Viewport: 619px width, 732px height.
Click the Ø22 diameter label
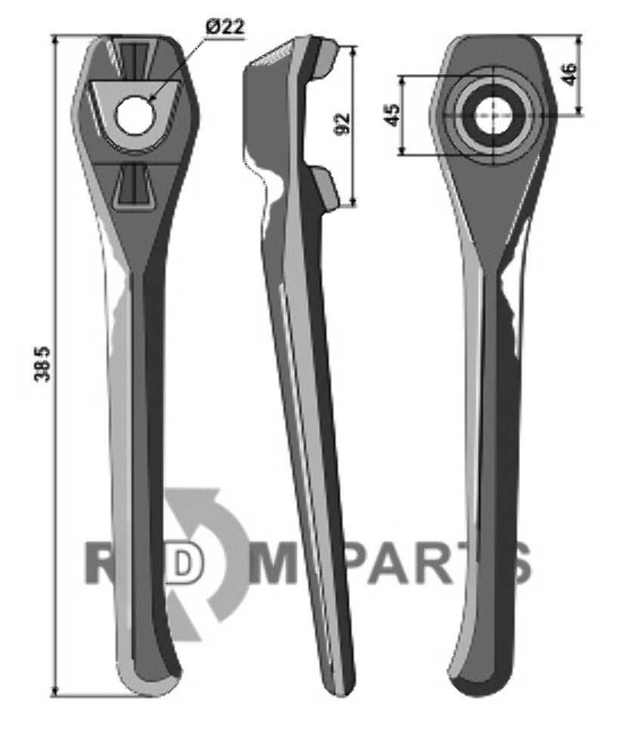tap(224, 27)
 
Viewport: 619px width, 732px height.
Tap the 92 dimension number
tap(342, 124)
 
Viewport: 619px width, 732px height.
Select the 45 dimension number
tap(392, 115)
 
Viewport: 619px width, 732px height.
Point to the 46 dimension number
tap(569, 74)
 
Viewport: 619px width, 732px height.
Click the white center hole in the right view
tap(494, 116)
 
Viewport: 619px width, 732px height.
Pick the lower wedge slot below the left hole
tap(135, 187)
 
